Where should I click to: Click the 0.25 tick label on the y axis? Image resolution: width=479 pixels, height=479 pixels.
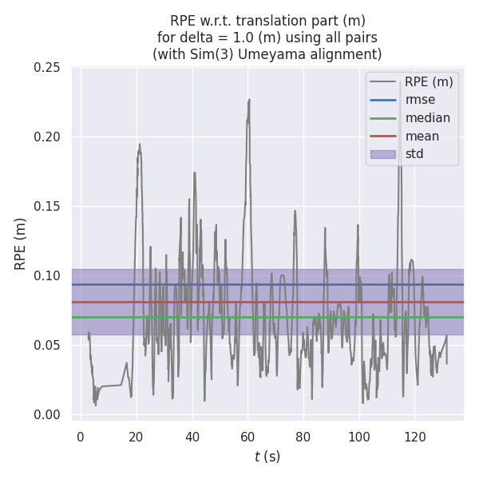pyautogui.click(x=47, y=68)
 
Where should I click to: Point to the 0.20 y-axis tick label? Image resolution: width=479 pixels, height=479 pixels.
pyautogui.click(x=47, y=137)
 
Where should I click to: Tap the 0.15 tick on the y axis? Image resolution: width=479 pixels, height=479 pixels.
pyautogui.click(x=47, y=207)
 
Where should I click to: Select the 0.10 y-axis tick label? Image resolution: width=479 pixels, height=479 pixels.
pyautogui.click(x=47, y=276)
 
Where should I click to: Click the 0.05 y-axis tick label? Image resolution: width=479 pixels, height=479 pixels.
pyautogui.click(x=47, y=346)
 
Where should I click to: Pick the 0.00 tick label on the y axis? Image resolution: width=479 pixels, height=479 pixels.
pyautogui.click(x=47, y=415)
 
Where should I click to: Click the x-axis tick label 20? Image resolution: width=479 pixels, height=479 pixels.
pyautogui.click(x=137, y=437)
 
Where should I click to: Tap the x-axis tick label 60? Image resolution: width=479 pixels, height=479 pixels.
pyautogui.click(x=247, y=437)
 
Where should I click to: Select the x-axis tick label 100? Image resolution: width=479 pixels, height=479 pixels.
pyautogui.click(x=359, y=437)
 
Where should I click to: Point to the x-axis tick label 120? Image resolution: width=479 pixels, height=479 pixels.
pyautogui.click(x=415, y=437)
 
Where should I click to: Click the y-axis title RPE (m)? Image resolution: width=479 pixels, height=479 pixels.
pyautogui.click(x=21, y=243)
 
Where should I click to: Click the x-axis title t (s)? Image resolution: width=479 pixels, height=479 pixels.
pyautogui.click(x=267, y=457)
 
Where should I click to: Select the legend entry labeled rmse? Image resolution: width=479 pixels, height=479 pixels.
pyautogui.click(x=422, y=100)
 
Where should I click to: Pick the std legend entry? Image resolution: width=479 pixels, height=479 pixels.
pyautogui.click(x=414, y=154)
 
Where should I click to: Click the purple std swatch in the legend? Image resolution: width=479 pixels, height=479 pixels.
pyautogui.click(x=384, y=154)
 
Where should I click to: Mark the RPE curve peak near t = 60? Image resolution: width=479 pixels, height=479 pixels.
pyautogui.click(x=249, y=100)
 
